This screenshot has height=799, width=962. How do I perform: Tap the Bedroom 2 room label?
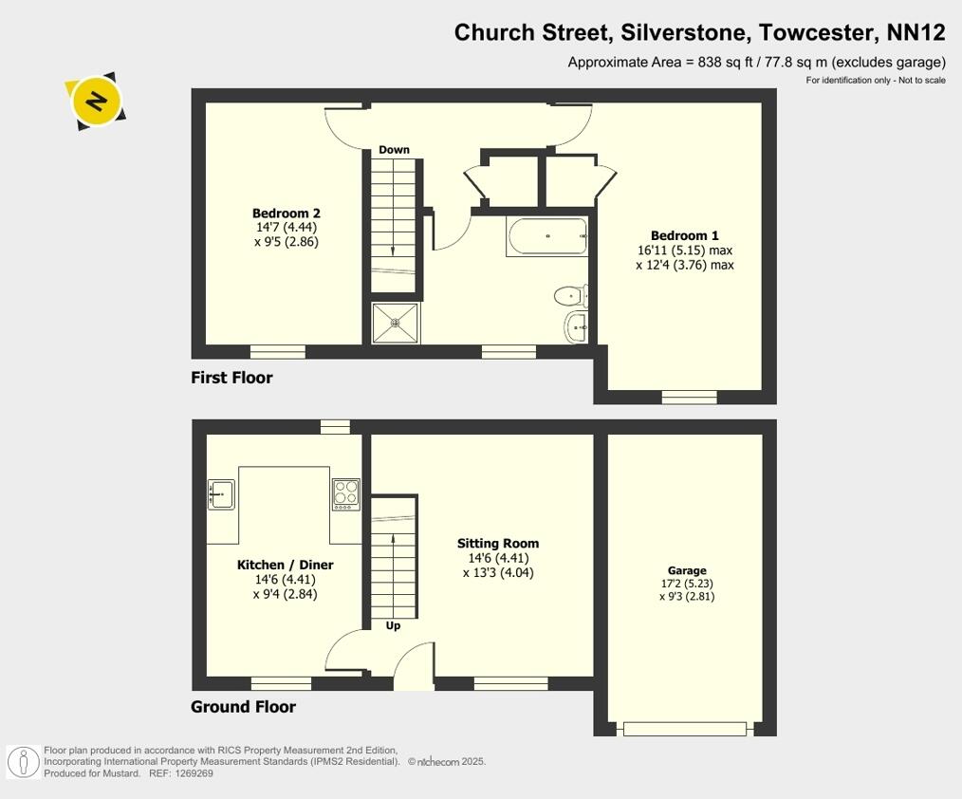[x=286, y=214]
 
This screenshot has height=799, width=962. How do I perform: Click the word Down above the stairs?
[x=394, y=150]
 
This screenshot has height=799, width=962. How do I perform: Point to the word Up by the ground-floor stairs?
[x=393, y=625]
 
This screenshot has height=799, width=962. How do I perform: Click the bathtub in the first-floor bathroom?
[x=548, y=237]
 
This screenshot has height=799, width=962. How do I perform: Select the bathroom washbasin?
[x=577, y=327]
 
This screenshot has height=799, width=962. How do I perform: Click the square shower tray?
[x=396, y=323]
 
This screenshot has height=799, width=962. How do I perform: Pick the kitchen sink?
[x=221, y=494]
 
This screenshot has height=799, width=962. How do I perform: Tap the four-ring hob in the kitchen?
[x=346, y=494]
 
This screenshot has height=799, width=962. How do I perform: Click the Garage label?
[x=686, y=571]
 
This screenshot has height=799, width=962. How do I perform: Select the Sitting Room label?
[x=497, y=544]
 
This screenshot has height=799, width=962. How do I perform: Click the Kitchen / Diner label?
[x=285, y=565]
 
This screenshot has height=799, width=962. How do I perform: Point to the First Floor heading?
[x=231, y=378]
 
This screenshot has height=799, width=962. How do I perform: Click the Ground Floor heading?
[x=243, y=707]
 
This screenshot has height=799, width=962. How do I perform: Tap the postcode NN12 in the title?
[x=916, y=33]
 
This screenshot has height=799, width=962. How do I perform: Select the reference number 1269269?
[x=194, y=773]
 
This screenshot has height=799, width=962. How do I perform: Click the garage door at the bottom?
[x=688, y=729]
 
